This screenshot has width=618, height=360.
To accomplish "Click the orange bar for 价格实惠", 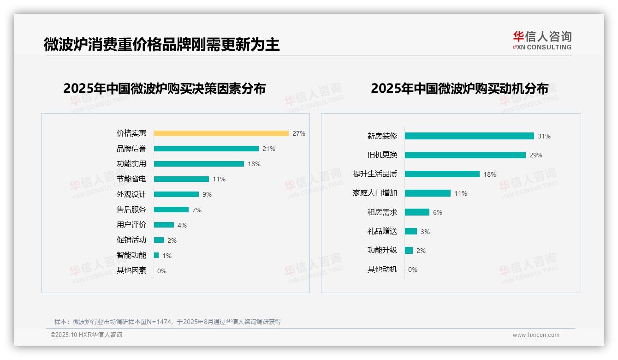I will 221,133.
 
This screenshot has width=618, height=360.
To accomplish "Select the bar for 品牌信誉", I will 206,149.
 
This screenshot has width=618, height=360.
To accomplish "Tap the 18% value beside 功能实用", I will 254,164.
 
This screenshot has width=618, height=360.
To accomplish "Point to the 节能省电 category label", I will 131,179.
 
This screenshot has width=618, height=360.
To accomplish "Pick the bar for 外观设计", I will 176,194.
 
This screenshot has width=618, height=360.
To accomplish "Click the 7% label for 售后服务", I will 197,210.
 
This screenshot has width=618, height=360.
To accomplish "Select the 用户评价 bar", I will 164,225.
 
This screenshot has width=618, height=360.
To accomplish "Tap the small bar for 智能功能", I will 156,255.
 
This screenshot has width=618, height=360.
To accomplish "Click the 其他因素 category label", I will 131,270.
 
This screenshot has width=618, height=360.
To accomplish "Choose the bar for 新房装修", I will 469,136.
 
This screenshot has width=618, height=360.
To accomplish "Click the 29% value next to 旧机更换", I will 536,155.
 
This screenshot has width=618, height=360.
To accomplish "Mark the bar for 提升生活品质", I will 442,174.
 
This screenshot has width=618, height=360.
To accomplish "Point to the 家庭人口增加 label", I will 375,193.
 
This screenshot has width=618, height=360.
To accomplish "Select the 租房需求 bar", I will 417,212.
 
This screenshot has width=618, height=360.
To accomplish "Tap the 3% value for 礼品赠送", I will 425,232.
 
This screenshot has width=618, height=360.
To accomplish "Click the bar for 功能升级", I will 409,250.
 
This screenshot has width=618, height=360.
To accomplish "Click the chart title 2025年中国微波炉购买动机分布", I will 459,88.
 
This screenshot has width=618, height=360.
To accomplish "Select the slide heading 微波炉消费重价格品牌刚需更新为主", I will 161,45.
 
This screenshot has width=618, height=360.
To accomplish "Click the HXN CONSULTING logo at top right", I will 542,41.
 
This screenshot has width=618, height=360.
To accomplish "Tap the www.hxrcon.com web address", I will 536,335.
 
